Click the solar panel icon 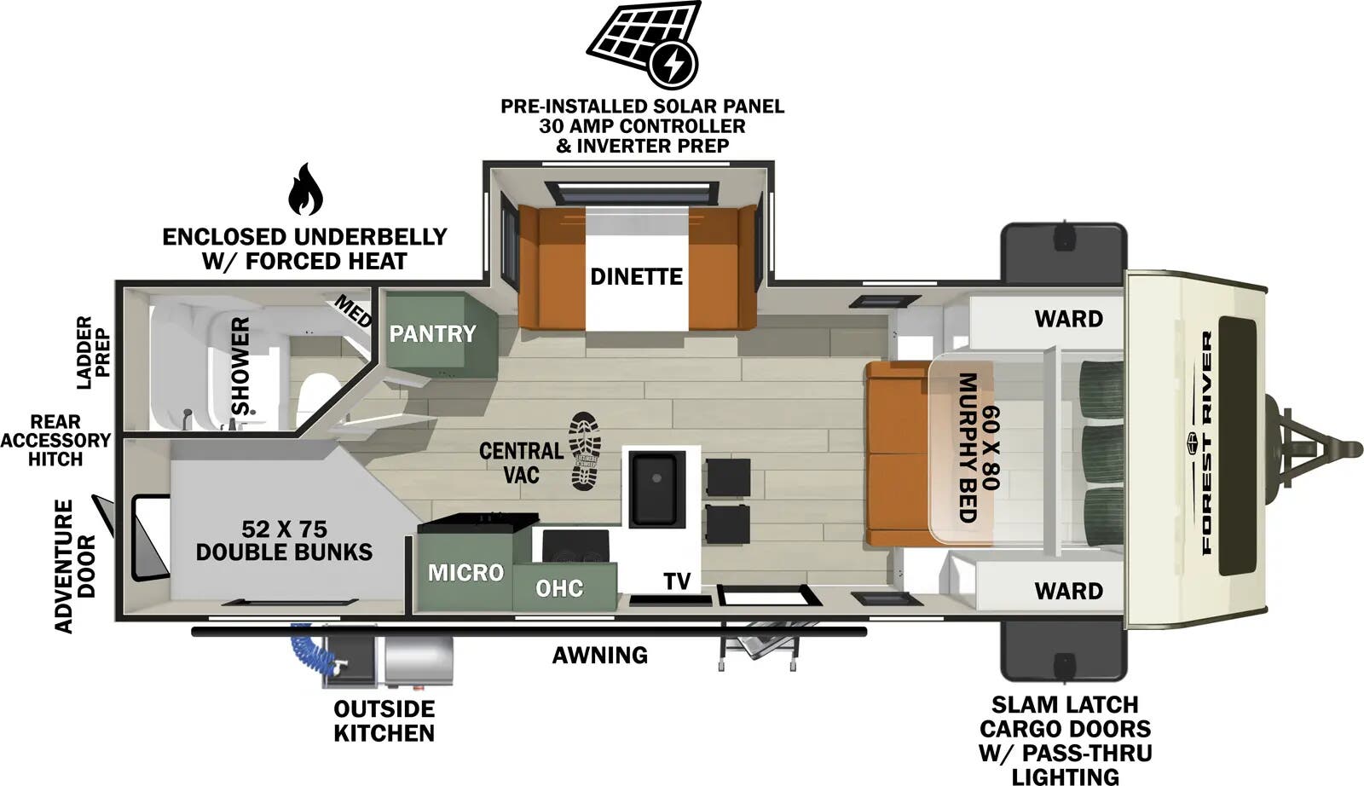[x=643, y=43]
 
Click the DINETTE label [x=636, y=276]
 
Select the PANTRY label [x=432, y=333]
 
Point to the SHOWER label [x=241, y=367]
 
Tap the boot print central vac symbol [x=585, y=451]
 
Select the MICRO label [x=465, y=572]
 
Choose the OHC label [x=559, y=588]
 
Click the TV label [x=677, y=581]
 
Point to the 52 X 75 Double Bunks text [x=284, y=540]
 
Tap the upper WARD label [x=1068, y=319]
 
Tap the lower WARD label [x=1068, y=590]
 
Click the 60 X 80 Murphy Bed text [x=978, y=447]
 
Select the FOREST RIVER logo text [x=1206, y=443]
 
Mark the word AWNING [x=599, y=655]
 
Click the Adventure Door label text [x=76, y=566]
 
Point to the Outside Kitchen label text [x=384, y=721]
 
